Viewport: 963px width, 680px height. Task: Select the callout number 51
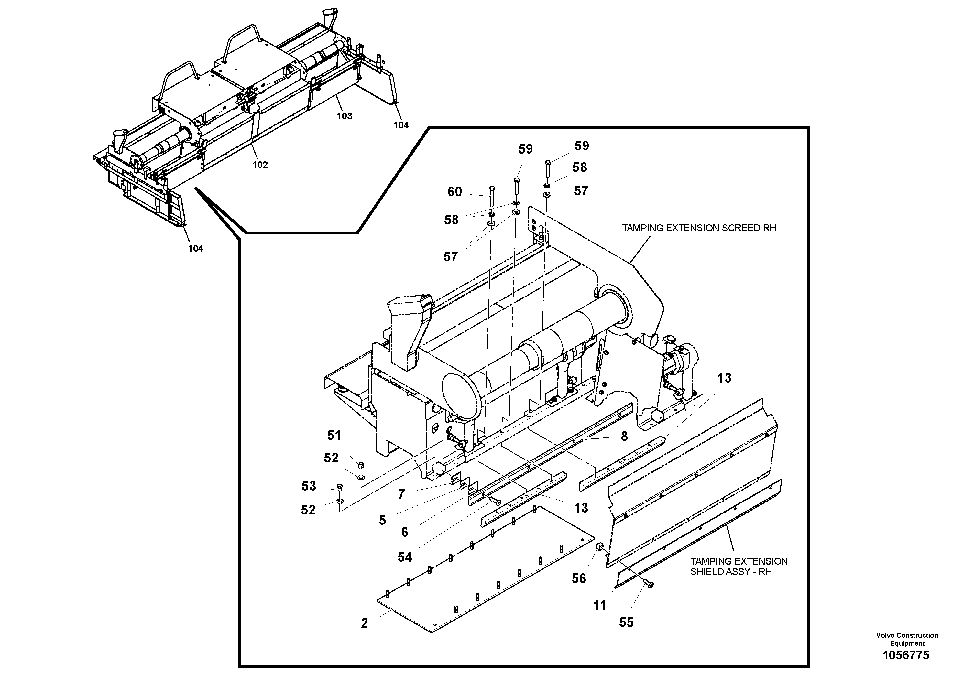point(334,435)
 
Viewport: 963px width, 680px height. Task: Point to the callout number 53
point(309,486)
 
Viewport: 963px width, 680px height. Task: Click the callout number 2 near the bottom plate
point(364,623)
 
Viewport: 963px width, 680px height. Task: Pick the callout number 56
point(579,578)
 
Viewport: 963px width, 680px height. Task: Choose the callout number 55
point(626,622)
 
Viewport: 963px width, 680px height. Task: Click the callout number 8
point(624,437)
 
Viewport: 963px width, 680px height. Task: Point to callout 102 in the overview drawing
point(260,165)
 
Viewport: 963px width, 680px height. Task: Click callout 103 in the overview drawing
point(345,116)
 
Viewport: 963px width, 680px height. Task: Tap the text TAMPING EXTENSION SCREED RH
point(699,228)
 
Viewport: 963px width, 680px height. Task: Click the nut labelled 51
point(361,465)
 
